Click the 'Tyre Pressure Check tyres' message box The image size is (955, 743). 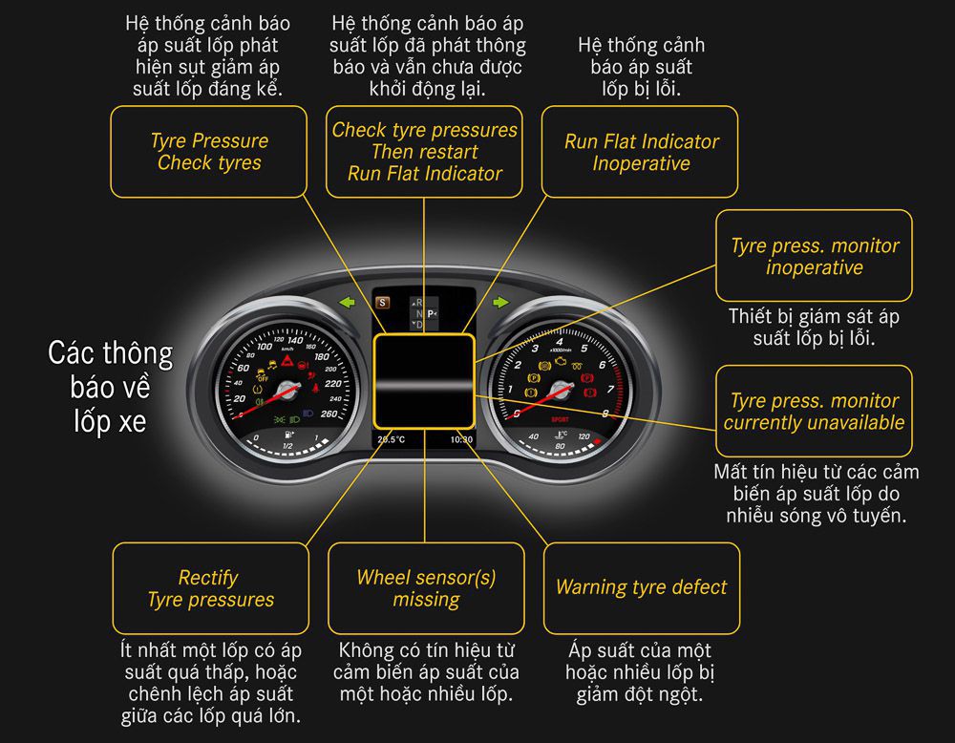[209, 152]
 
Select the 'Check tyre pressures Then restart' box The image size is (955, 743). [425, 152]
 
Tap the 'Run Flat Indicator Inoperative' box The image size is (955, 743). [641, 152]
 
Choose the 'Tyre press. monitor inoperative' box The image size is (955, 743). [815, 256]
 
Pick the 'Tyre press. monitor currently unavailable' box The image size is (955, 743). [815, 412]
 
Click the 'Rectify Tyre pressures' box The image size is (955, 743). [210, 588]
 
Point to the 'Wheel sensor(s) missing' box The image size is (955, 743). [426, 588]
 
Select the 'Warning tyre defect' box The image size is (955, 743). [642, 588]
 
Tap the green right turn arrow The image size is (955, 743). [500, 304]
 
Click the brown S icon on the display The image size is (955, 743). [383, 303]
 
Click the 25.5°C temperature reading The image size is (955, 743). [392, 439]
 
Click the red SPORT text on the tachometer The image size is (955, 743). [562, 418]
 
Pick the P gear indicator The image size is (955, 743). [431, 313]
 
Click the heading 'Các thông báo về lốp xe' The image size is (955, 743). [112, 387]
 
